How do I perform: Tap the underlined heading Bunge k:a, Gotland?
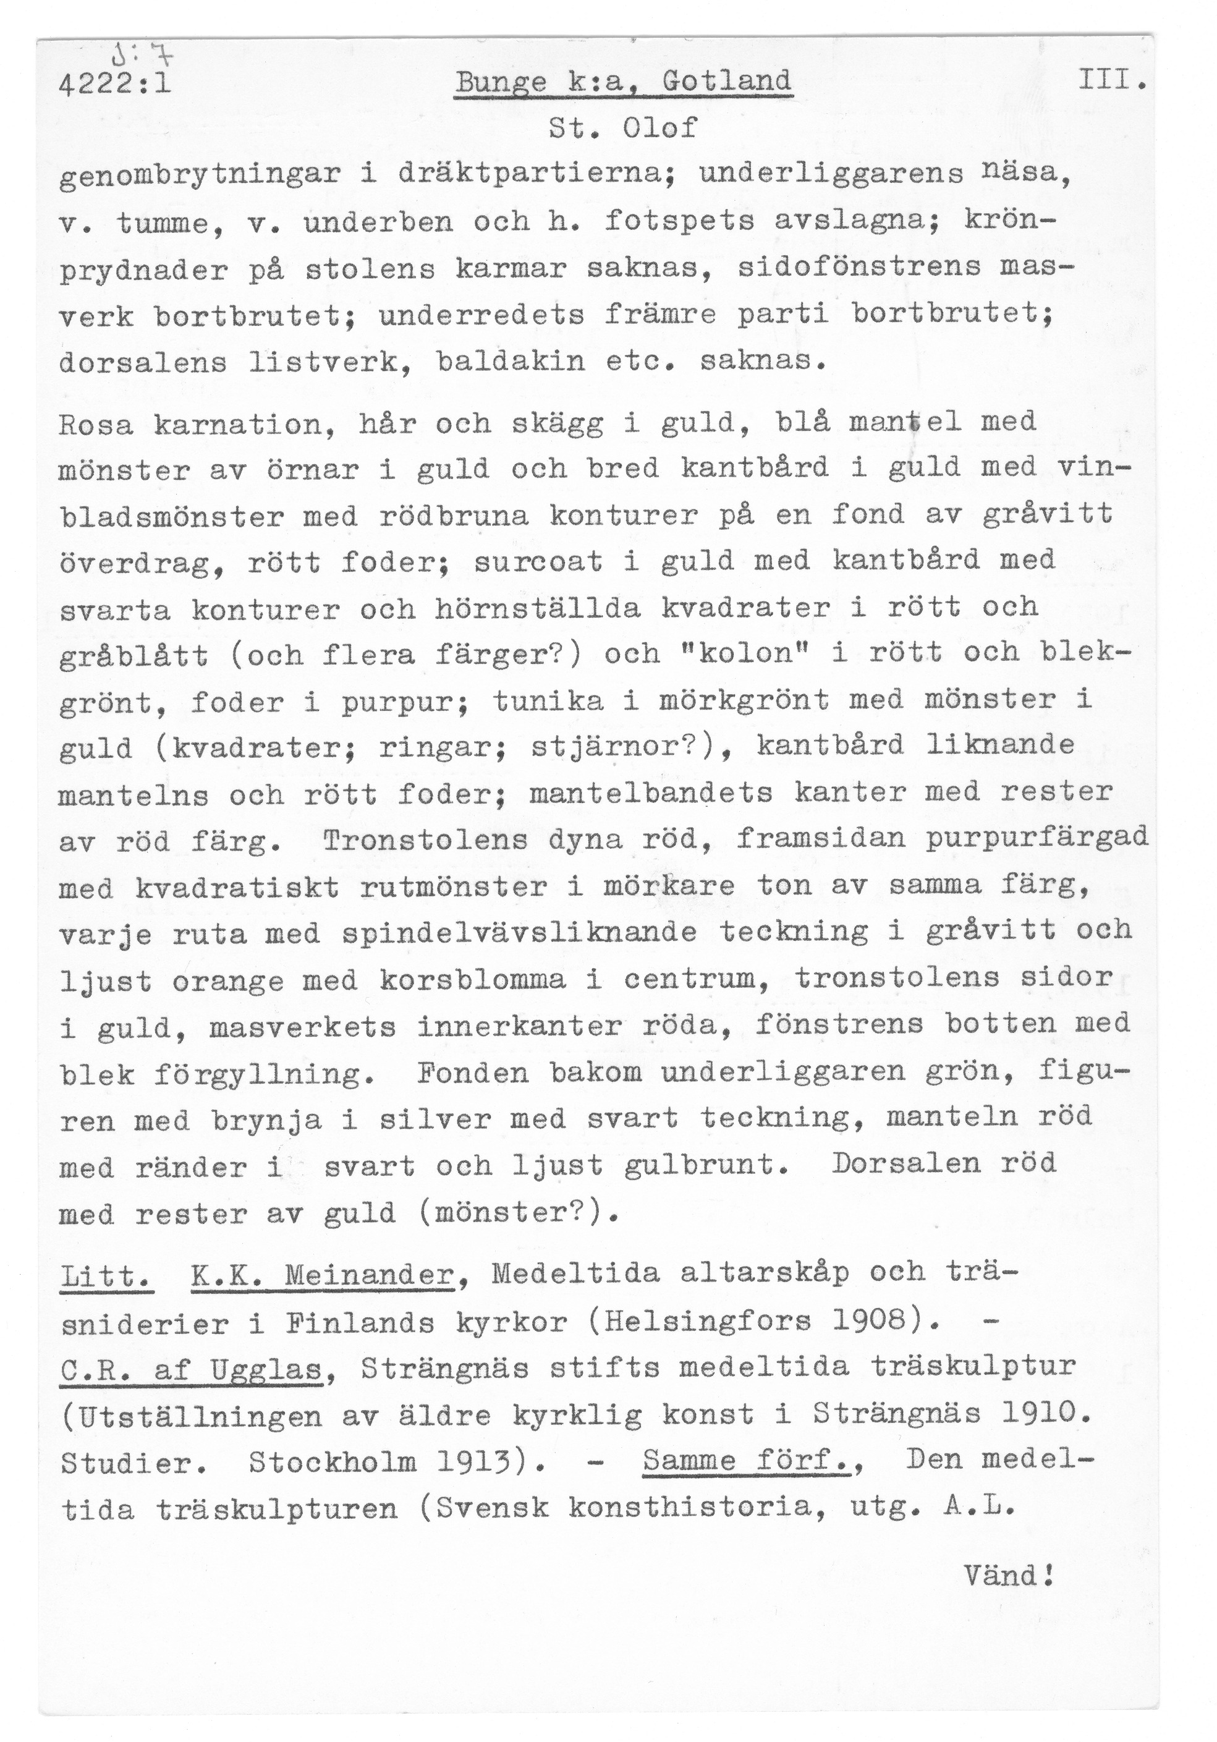(623, 81)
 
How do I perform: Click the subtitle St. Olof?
(622, 127)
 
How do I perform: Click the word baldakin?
(511, 360)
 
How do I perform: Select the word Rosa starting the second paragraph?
(96, 423)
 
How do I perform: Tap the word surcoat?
(537, 561)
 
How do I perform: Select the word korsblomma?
(472, 980)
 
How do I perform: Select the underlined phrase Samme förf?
(746, 1461)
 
